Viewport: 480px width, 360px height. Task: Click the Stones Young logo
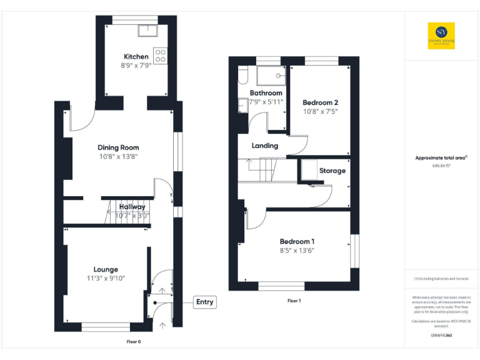[441, 36]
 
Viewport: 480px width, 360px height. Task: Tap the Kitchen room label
[136, 56]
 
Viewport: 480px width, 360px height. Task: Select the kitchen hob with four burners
[160, 56]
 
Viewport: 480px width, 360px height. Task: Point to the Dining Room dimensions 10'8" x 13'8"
[118, 157]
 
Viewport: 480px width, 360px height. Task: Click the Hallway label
[132, 207]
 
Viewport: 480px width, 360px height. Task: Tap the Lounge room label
[106, 269]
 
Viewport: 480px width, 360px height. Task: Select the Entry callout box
[204, 302]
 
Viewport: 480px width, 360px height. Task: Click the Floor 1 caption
[294, 301]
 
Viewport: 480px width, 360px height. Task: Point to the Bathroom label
[266, 92]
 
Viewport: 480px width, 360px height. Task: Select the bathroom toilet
[243, 76]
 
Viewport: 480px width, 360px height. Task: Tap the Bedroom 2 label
[320, 102]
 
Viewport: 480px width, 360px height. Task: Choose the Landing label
[264, 146]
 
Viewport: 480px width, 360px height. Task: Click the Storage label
[332, 171]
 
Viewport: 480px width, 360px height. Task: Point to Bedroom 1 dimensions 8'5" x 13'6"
[296, 251]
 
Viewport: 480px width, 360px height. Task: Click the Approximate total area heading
[441, 158]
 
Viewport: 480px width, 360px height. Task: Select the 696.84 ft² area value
[441, 166]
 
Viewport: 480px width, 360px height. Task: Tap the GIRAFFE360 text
[441, 336]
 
